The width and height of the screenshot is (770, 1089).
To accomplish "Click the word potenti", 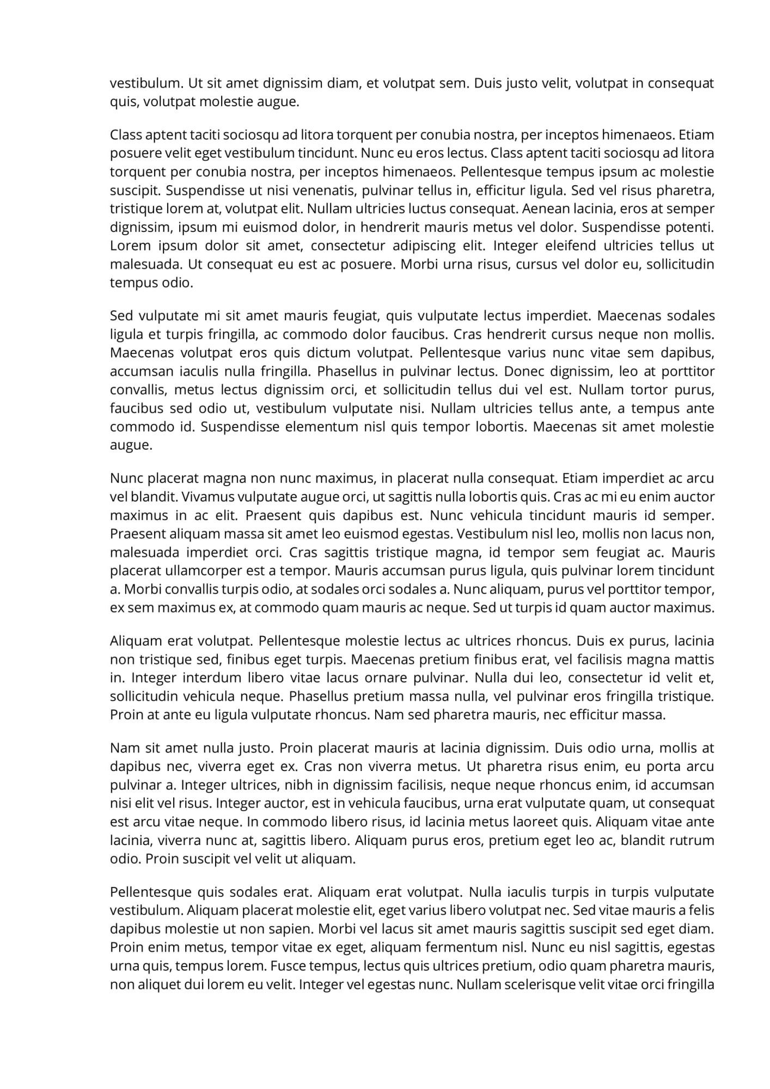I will click(690, 227).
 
